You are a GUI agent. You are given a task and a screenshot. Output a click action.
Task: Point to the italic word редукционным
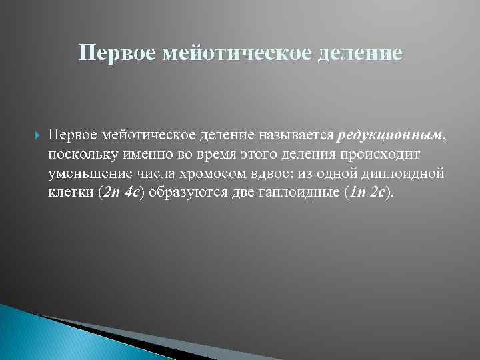point(389,135)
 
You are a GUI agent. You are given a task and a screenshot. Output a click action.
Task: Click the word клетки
point(70,193)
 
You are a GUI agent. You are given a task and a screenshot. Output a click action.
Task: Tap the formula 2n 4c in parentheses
point(121,193)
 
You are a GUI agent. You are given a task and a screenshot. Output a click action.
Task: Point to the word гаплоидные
point(295,193)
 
